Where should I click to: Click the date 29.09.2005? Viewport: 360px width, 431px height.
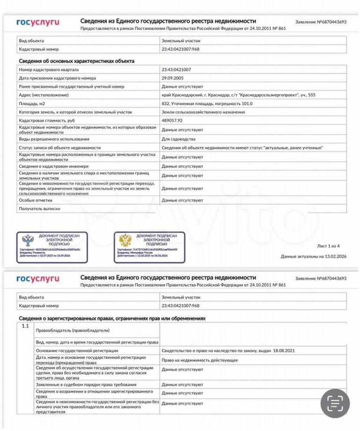172,78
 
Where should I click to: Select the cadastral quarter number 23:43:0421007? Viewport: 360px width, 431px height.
176,69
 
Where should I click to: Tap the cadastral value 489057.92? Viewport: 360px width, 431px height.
172,121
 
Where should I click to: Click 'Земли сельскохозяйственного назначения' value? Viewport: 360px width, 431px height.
203,112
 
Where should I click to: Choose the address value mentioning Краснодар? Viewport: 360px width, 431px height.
238,95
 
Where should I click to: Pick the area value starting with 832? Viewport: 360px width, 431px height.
207,104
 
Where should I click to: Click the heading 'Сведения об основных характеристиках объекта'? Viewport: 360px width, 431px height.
76,61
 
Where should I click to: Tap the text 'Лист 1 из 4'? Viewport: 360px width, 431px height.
328,246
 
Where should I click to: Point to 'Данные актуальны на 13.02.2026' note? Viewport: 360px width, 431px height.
313,257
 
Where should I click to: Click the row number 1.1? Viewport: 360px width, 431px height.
25,326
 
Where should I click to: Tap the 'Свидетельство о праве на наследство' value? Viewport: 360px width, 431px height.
228,350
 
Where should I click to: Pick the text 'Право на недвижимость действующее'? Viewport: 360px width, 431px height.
200,360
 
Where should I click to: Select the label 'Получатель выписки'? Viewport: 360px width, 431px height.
39,208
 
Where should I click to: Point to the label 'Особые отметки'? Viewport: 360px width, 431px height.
35,200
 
